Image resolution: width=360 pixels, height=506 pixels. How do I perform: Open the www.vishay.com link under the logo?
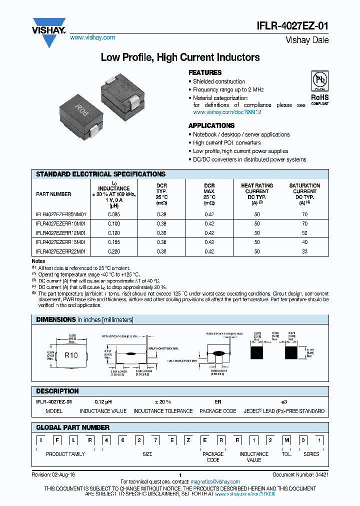tap(92, 37)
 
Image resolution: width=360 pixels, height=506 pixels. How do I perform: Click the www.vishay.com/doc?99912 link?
tap(227, 112)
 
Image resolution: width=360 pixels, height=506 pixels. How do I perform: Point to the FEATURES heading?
tap(205, 72)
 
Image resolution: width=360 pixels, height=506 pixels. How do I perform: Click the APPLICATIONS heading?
tap(211, 125)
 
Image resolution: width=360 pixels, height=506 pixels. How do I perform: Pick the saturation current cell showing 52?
tap(304, 233)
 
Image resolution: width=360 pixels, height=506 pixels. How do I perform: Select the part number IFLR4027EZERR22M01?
tap(61, 252)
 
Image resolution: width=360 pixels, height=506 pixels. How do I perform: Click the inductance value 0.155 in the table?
tap(114, 242)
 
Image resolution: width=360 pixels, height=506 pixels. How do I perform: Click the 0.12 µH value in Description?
tap(102, 402)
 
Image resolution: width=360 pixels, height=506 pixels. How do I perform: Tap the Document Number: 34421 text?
tap(300, 475)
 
